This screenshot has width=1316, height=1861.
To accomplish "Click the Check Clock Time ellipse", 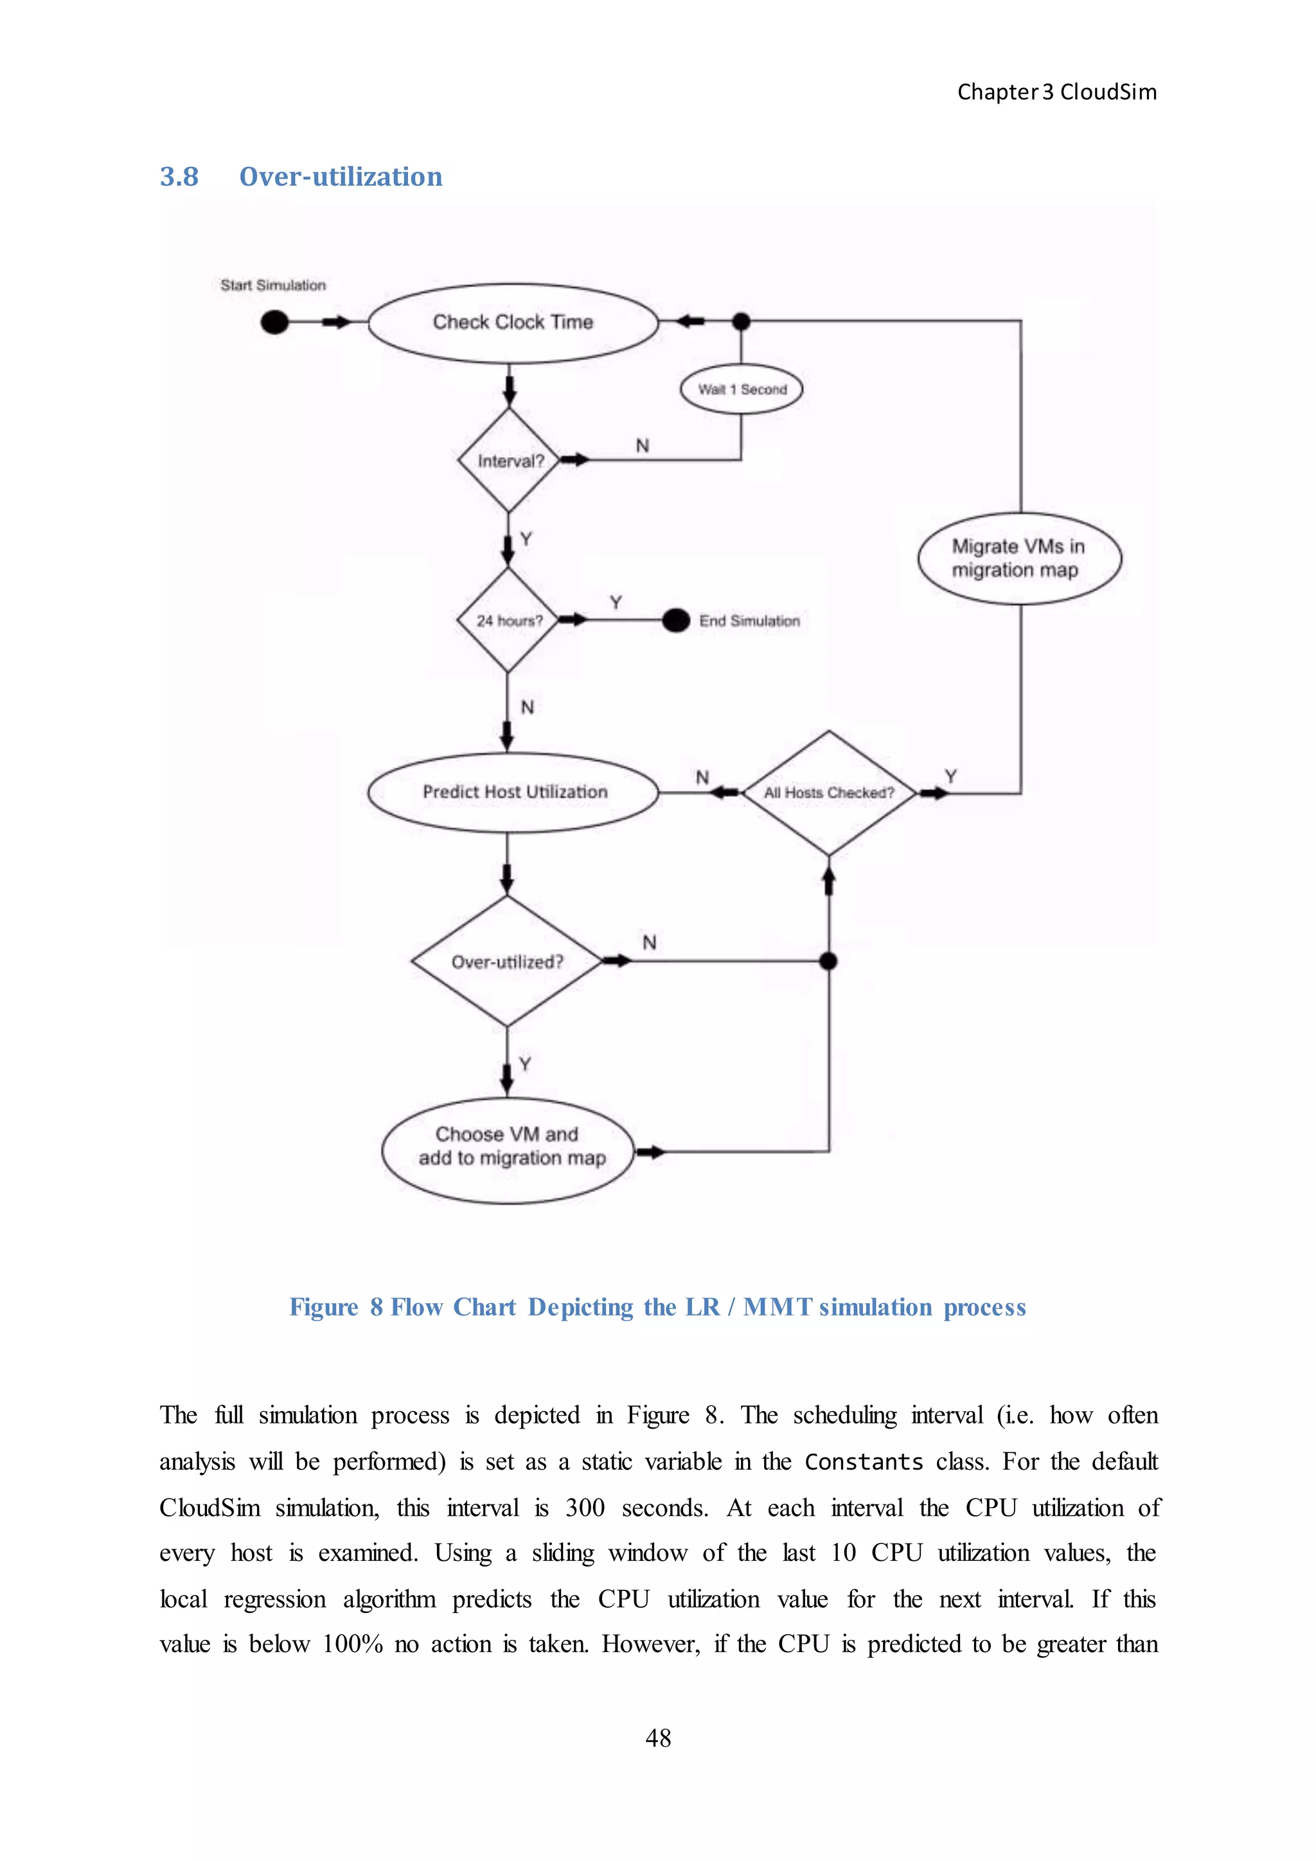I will tap(512, 323).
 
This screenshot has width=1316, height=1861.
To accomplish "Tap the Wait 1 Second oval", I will tap(742, 390).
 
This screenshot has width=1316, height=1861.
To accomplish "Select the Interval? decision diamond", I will tap(509, 460).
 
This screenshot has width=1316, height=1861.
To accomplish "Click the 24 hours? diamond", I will tap(508, 620).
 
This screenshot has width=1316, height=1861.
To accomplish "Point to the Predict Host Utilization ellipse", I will tap(514, 792).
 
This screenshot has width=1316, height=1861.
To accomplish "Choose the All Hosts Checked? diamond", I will tap(828, 793).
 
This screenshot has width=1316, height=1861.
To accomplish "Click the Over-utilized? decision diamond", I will tap(507, 961).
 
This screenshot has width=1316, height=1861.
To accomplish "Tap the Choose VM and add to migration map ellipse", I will tap(509, 1150).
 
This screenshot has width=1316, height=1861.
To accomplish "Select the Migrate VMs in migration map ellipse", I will tap(1018, 558).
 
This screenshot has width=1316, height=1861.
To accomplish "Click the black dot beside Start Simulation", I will tap(275, 323).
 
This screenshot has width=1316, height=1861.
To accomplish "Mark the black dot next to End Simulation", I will tap(676, 621).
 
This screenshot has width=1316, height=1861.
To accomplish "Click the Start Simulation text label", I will tap(273, 285).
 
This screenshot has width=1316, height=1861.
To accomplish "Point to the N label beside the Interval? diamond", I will tap(643, 446).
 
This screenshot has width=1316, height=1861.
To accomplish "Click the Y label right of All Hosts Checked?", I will tap(950, 776).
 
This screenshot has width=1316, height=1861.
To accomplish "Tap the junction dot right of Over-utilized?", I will tap(828, 961).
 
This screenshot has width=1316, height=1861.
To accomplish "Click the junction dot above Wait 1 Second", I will tap(741, 322).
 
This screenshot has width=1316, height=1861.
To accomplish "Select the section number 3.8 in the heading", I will tap(179, 177).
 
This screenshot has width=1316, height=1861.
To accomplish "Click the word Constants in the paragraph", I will tap(864, 1462).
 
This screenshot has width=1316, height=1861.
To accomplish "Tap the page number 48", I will tap(658, 1738).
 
